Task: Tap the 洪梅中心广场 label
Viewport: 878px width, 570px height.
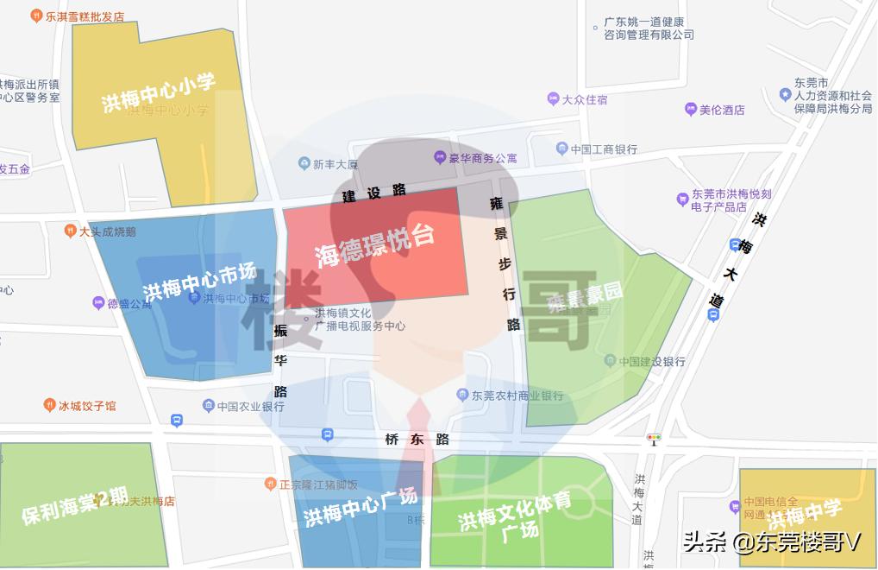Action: tap(360, 508)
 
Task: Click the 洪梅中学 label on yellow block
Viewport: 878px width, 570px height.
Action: tap(804, 516)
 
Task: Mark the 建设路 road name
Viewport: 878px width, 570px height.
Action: tap(374, 193)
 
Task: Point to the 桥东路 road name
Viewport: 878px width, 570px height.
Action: tap(417, 439)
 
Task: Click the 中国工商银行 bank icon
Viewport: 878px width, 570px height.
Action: tap(562, 149)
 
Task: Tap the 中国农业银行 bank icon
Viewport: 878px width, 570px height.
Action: tap(208, 406)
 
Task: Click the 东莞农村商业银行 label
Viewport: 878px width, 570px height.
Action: tap(517, 396)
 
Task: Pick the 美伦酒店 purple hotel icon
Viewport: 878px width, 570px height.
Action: tap(690, 110)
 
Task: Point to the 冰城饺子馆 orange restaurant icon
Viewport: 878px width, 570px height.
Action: tap(49, 405)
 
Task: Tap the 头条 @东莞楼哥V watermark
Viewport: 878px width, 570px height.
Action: tap(772, 541)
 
